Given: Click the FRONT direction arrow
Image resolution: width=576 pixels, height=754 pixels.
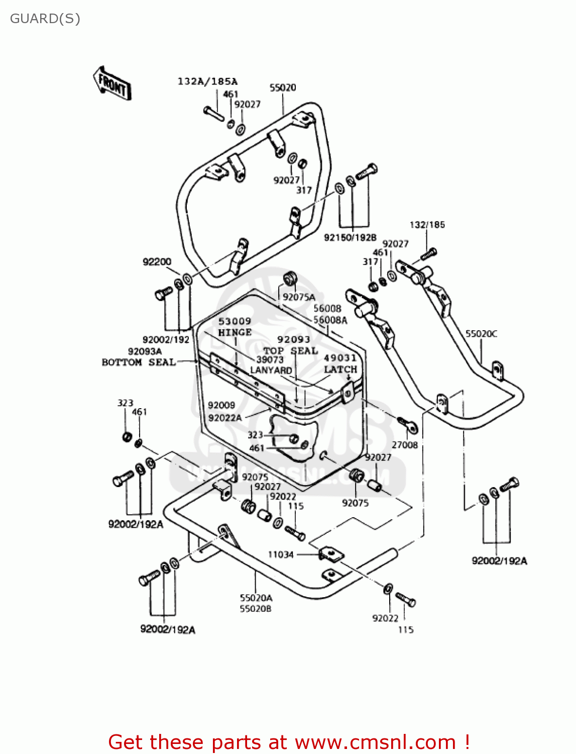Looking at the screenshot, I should pos(111,83).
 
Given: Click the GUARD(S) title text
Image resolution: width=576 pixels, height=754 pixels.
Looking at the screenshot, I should pos(45,19).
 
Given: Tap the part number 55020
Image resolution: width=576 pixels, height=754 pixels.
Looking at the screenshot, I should pos(283,87).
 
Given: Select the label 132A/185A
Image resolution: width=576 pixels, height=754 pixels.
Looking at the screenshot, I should pos(207,81).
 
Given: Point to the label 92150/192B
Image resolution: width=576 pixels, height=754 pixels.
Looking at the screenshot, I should pos(350,237).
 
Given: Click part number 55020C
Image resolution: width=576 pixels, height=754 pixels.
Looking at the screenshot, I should pos(481,334).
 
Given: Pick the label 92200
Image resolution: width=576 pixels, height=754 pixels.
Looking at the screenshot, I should pos(157,262).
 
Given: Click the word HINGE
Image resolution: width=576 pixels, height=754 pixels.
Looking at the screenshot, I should pos(235,332).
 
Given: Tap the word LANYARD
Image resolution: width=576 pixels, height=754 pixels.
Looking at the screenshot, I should pos(271,370).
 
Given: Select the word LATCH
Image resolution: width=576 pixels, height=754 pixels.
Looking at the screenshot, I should pos(340,369).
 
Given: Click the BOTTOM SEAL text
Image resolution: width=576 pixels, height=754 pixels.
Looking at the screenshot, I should pos(139,362).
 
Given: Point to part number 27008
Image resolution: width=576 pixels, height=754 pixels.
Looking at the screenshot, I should pos(404,445).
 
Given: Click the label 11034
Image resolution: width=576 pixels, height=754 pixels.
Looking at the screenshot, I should pos(280,554).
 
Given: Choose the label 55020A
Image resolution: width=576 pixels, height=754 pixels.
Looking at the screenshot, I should pos(256,598).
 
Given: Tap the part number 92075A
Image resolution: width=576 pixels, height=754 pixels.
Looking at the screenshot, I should pos(299,297).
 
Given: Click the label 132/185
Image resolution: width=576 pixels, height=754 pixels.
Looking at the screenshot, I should pos(427,225).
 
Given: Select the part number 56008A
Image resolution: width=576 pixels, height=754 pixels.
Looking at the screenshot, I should pos(330,320).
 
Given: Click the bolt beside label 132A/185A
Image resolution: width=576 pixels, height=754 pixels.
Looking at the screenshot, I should pos(214,113).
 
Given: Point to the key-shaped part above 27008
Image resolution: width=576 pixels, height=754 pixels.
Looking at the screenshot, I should pos(408,425).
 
